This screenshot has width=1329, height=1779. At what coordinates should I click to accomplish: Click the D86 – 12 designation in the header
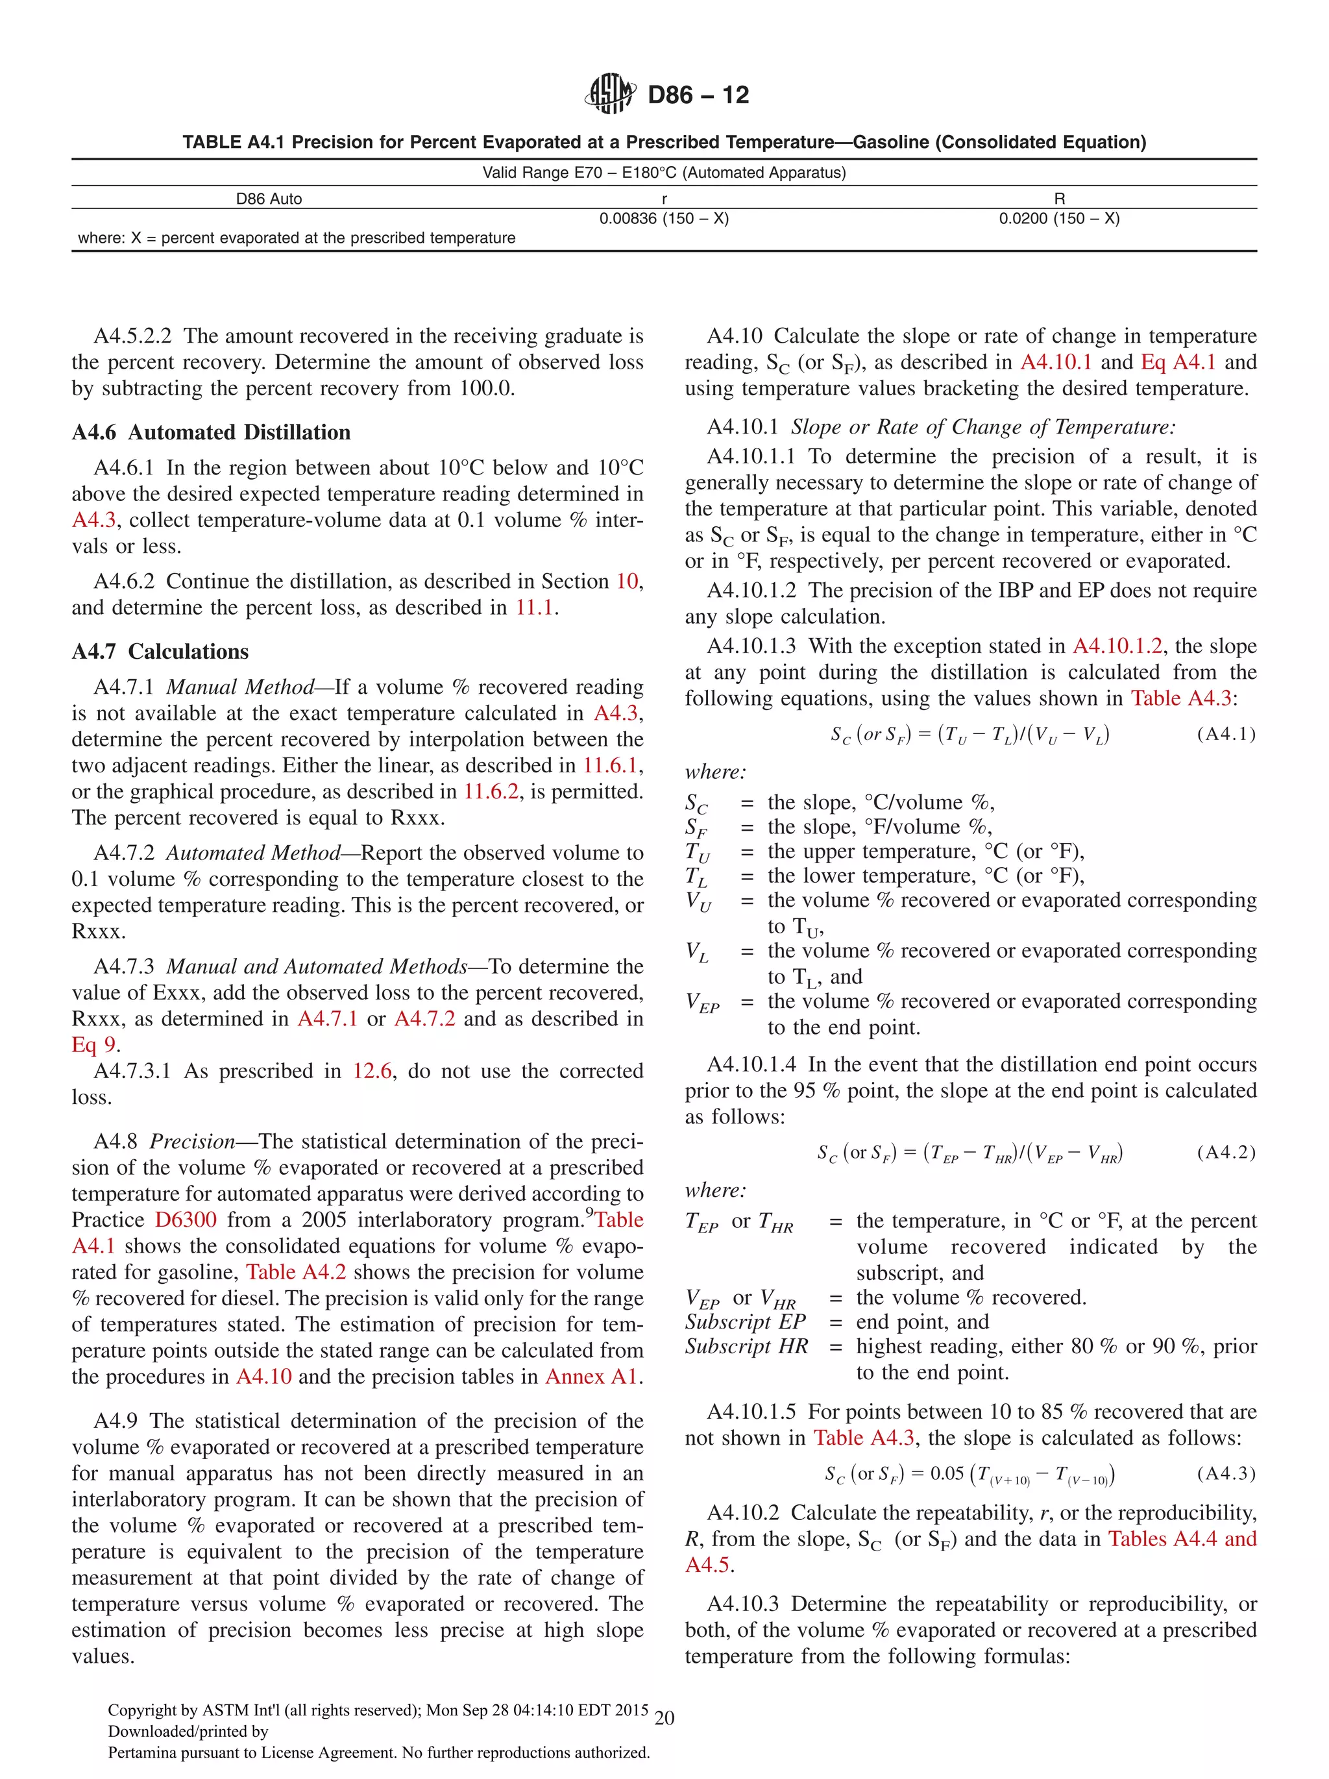(x=698, y=95)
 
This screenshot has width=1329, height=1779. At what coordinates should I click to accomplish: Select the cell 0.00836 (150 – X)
(x=663, y=219)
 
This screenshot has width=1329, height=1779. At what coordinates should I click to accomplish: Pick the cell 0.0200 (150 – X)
(x=1059, y=219)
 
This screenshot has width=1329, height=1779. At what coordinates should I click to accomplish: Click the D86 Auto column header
(x=269, y=199)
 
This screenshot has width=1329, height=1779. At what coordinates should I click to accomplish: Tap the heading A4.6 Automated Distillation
(x=211, y=433)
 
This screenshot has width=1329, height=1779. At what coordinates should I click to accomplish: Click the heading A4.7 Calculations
(x=160, y=652)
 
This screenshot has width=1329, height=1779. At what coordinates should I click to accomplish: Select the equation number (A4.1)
(x=1225, y=733)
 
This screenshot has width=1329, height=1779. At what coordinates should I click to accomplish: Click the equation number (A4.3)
(x=1225, y=1473)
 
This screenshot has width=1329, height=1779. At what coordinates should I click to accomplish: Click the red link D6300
(x=186, y=1220)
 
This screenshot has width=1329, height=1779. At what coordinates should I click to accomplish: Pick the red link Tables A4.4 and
(x=1182, y=1538)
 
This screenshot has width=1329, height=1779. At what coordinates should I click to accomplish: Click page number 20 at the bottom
(x=664, y=1718)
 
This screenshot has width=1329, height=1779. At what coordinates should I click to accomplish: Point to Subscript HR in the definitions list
(x=746, y=1345)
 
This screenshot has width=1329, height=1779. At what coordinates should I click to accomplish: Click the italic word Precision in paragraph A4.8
(x=192, y=1141)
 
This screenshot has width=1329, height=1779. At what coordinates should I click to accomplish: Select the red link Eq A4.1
(x=1178, y=362)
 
